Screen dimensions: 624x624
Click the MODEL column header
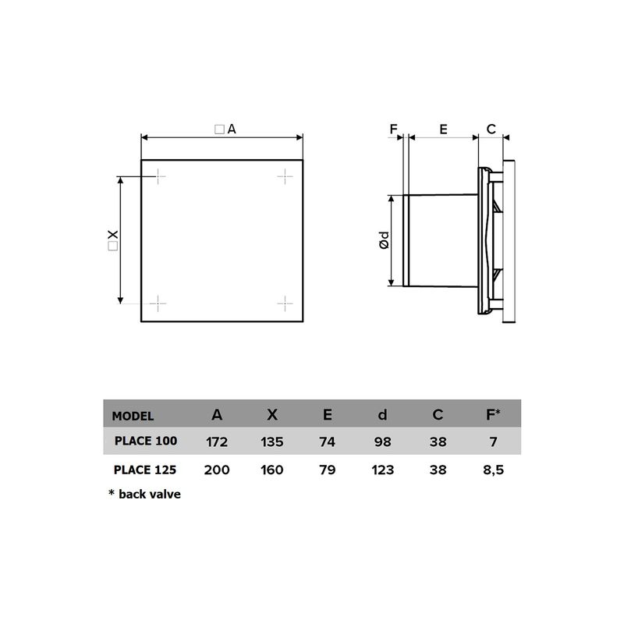[133, 416]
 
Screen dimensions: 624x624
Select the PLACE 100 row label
[146, 441]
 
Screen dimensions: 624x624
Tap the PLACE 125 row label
[146, 470]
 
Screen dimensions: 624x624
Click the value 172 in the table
[216, 442]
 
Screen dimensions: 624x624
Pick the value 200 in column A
[216, 470]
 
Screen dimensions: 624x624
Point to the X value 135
[272, 442]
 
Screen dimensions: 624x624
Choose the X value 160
[272, 470]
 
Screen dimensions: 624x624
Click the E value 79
[327, 470]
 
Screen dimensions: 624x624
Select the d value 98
[382, 442]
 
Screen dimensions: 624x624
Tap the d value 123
[382, 470]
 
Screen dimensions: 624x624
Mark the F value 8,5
[493, 470]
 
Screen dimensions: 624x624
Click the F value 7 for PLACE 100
[493, 442]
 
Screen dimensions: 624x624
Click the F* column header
[493, 415]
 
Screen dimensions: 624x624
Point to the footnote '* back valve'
[144, 495]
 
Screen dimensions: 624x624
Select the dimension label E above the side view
[443, 129]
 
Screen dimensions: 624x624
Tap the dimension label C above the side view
[491, 129]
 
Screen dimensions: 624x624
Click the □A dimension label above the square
[224, 129]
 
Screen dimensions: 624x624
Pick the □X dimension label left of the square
[113, 240]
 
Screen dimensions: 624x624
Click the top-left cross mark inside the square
[158, 177]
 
